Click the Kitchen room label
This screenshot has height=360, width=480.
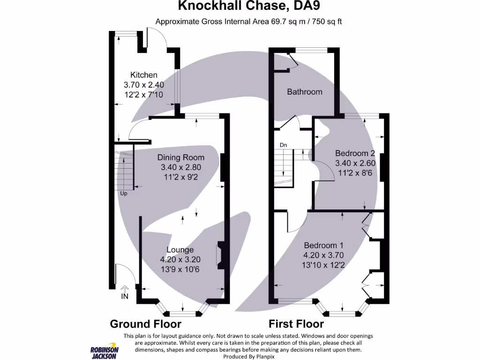143,75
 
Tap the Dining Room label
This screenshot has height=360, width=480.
180,157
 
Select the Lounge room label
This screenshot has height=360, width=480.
180,250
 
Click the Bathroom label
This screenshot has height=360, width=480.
305,92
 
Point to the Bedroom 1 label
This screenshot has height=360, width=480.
324,246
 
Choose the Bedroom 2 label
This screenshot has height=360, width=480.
355,153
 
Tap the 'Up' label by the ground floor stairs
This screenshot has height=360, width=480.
124,193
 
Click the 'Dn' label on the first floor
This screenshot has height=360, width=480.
283,145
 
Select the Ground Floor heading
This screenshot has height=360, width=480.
145,324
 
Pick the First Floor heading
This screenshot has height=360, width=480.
296,324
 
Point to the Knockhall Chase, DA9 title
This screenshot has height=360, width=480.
249,7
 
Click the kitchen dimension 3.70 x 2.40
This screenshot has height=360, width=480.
143,85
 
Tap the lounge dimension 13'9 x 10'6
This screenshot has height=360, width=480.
180,270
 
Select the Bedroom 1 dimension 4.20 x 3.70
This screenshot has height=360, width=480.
324,255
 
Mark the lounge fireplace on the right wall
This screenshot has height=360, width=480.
219,256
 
